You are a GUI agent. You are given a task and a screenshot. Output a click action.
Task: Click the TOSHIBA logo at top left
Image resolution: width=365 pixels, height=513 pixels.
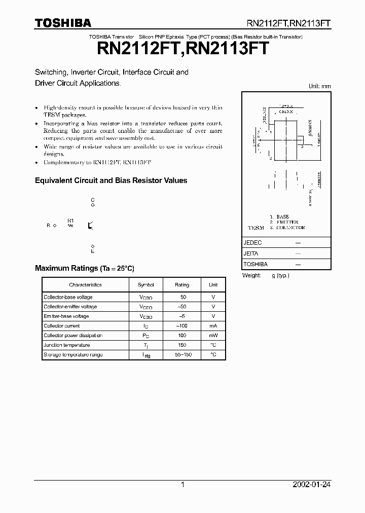click(63, 23)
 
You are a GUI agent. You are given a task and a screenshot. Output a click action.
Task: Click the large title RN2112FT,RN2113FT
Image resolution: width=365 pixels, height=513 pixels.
click(182, 49)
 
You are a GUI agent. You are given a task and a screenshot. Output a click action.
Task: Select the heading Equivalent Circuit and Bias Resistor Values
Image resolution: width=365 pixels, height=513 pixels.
click(111, 180)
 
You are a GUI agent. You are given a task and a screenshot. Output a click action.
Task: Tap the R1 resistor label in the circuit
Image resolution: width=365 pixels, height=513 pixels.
click(70, 221)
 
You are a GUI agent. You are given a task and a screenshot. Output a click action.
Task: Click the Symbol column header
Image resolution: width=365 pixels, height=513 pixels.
click(146, 285)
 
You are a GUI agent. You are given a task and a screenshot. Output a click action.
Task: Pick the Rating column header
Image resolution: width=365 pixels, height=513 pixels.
click(181, 285)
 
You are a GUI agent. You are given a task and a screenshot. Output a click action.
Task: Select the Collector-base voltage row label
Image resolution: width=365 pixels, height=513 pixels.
click(68, 297)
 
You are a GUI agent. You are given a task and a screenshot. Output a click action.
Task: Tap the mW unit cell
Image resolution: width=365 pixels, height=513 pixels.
click(213, 336)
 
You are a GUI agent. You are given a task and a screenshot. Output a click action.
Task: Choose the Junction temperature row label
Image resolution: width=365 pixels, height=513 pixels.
click(67, 345)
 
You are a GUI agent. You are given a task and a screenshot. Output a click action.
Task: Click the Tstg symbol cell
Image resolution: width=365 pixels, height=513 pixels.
click(146, 355)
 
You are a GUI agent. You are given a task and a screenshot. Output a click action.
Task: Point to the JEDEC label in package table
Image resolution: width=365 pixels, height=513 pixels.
click(252, 243)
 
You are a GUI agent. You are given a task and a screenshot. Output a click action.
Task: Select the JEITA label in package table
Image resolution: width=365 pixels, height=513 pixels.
click(251, 253)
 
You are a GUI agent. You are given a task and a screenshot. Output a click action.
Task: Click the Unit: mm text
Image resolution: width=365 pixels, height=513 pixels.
click(319, 86)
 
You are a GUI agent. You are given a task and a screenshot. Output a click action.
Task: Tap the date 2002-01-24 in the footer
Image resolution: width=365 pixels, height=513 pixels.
click(311, 485)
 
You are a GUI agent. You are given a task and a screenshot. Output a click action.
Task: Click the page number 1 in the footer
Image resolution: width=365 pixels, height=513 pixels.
click(182, 485)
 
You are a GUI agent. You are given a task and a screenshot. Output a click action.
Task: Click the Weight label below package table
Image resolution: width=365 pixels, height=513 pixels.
click(252, 275)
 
